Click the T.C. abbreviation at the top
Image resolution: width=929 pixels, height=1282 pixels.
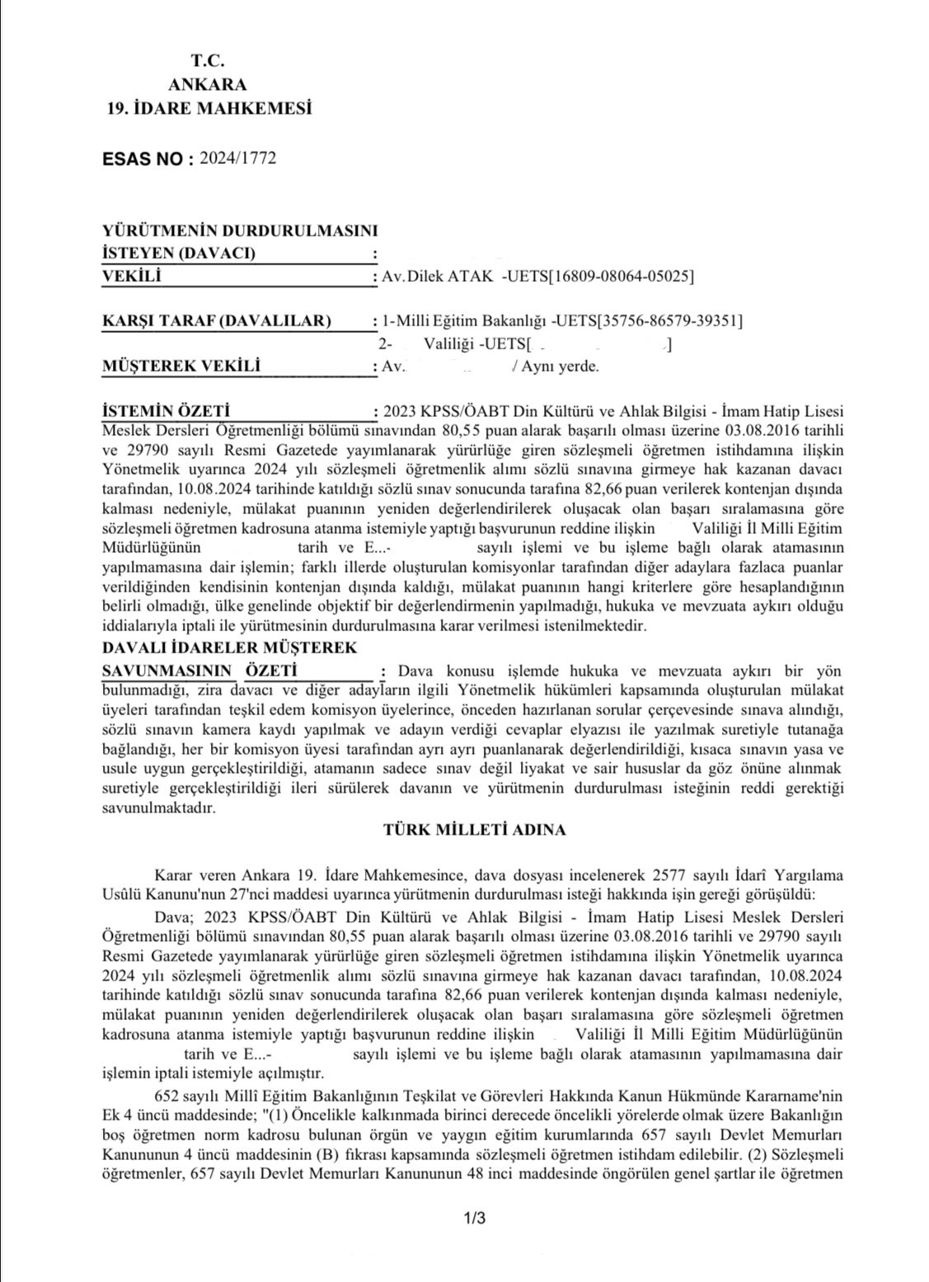click(x=207, y=59)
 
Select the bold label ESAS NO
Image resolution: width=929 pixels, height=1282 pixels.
click(x=143, y=159)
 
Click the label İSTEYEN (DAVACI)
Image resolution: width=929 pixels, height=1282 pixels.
click(x=178, y=253)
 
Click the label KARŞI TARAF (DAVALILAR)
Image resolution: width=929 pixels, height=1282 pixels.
click(x=216, y=320)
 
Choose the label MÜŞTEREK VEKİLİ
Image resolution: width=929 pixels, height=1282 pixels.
click(x=181, y=365)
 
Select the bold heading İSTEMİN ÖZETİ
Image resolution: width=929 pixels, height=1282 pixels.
click(x=164, y=410)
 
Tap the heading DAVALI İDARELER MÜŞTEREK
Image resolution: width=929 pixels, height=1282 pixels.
click(x=228, y=648)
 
